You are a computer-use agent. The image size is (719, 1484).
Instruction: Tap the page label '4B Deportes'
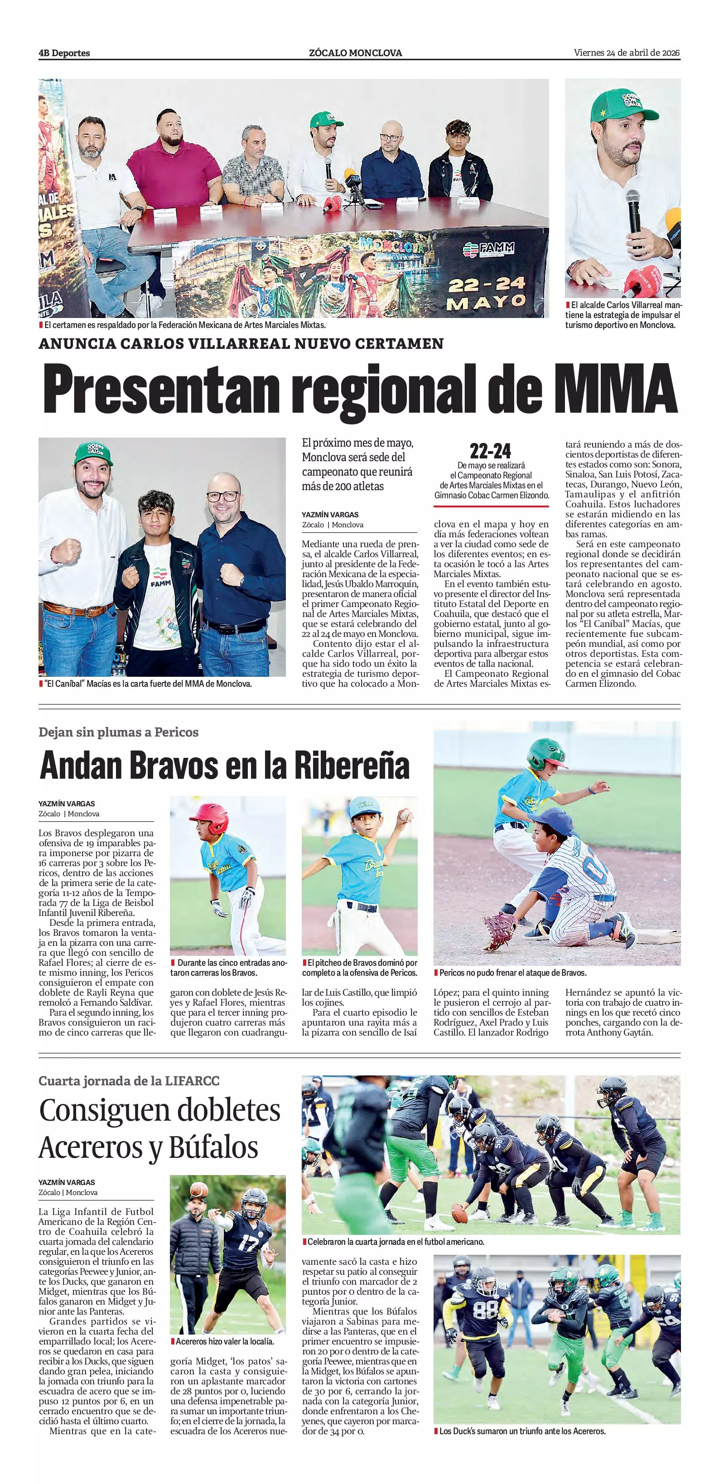[64, 53]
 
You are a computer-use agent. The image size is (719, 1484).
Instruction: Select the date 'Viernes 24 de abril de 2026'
[627, 53]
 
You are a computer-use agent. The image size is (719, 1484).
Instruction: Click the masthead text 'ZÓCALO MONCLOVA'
[356, 53]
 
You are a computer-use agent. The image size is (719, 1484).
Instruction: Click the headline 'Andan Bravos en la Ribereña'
[225, 766]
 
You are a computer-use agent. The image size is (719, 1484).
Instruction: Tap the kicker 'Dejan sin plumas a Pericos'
[119, 732]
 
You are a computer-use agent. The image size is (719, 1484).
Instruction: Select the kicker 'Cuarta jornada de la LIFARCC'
[129, 1081]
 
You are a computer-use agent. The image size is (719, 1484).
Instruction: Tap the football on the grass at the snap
[459, 1214]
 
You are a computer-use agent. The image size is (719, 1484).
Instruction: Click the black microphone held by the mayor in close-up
[634, 214]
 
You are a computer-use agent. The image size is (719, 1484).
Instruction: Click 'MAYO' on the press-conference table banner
[487, 302]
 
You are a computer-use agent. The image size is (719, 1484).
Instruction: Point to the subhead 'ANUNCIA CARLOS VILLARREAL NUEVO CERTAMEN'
[241, 344]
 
